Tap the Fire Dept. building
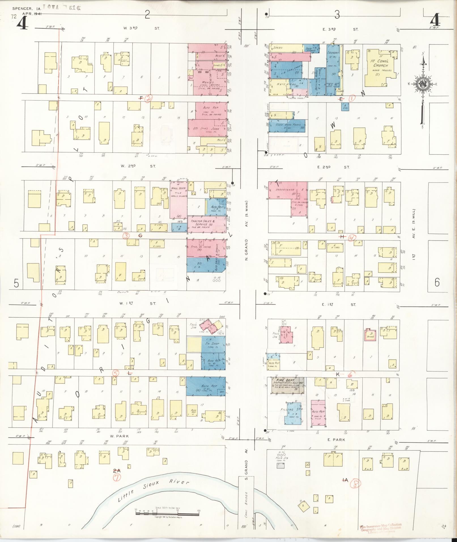click(287, 384)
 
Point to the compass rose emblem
click(423, 84)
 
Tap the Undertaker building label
click(285, 190)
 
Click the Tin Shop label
click(212, 344)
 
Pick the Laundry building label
click(333, 53)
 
